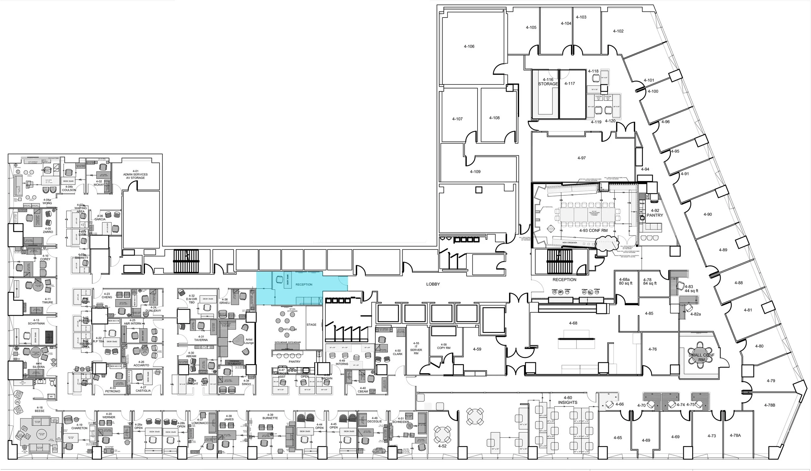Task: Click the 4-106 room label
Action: (x=469, y=46)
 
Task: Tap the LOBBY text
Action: (x=433, y=284)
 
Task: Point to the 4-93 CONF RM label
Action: (x=593, y=230)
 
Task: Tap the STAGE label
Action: (x=311, y=325)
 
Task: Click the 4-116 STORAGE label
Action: (x=548, y=82)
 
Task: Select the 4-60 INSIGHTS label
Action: (x=568, y=400)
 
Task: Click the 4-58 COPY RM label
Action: (x=443, y=346)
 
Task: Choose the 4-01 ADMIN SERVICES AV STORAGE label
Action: (x=135, y=174)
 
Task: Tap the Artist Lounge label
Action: (x=249, y=341)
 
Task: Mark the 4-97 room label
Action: (x=582, y=158)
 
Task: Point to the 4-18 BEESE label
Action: (x=40, y=409)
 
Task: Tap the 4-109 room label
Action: (x=475, y=172)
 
